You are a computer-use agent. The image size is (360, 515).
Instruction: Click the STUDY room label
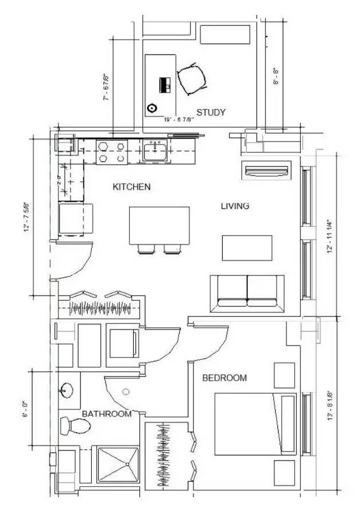click(x=211, y=113)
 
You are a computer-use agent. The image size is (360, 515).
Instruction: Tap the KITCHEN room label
click(x=131, y=187)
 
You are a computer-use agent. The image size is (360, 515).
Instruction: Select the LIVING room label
click(x=235, y=206)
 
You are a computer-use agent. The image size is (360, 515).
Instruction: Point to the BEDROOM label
click(x=224, y=378)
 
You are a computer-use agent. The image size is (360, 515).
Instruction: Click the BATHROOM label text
click(x=106, y=413)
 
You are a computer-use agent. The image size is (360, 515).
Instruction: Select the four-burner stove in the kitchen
click(x=111, y=152)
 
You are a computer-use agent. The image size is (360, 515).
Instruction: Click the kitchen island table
click(x=159, y=225)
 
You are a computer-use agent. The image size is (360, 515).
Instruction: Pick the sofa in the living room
click(x=247, y=292)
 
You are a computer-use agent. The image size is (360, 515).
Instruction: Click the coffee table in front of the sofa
click(x=247, y=247)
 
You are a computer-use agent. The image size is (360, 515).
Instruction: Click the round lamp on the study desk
click(x=152, y=107)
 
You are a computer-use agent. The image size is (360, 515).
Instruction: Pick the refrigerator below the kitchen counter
click(x=76, y=219)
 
